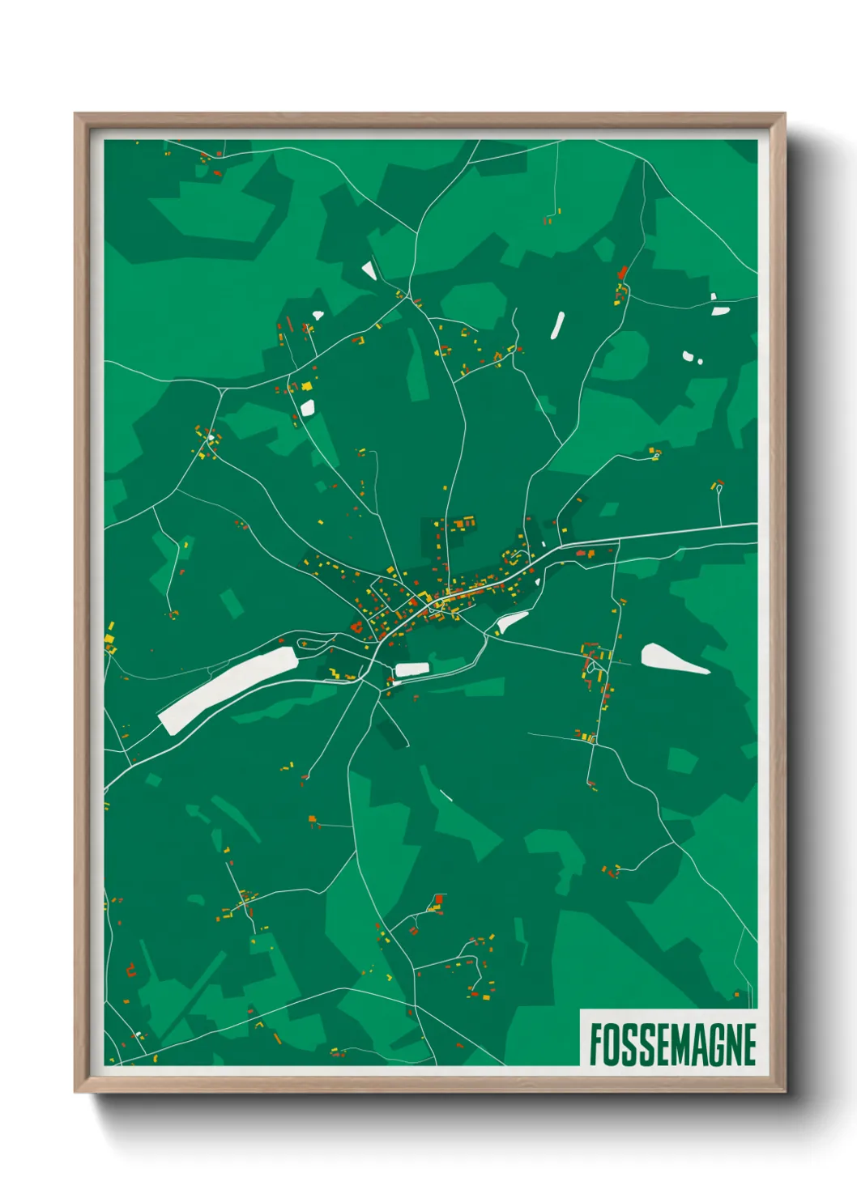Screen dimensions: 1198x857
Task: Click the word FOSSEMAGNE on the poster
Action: pos(672,1044)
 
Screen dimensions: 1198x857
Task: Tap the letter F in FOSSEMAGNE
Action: pos(595,1044)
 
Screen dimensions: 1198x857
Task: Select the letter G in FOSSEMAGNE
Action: pos(710,1044)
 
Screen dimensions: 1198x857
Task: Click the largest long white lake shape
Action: pos(227,690)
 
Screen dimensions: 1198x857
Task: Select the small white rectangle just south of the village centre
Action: pos(411,669)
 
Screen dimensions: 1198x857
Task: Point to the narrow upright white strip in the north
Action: pos(557,325)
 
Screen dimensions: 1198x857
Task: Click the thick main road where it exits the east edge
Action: pos(753,525)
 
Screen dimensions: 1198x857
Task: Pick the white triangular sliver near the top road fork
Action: pos(369,270)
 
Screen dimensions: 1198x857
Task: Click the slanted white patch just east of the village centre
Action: pos(511,622)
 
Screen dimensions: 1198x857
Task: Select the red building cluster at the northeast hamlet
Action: pos(622,275)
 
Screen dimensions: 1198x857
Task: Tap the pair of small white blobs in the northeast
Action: pos(691,356)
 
